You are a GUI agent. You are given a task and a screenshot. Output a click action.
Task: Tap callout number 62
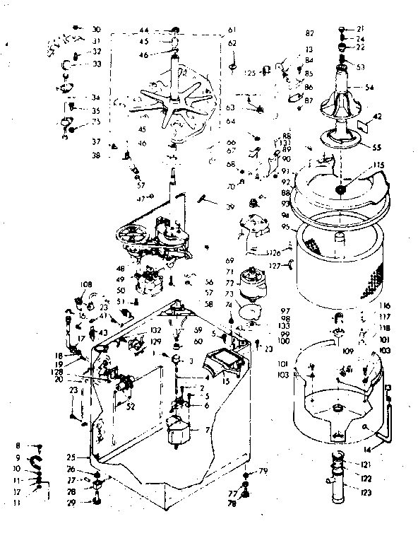(x=232, y=43)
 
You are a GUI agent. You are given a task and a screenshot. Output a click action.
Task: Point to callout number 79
(x=262, y=471)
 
